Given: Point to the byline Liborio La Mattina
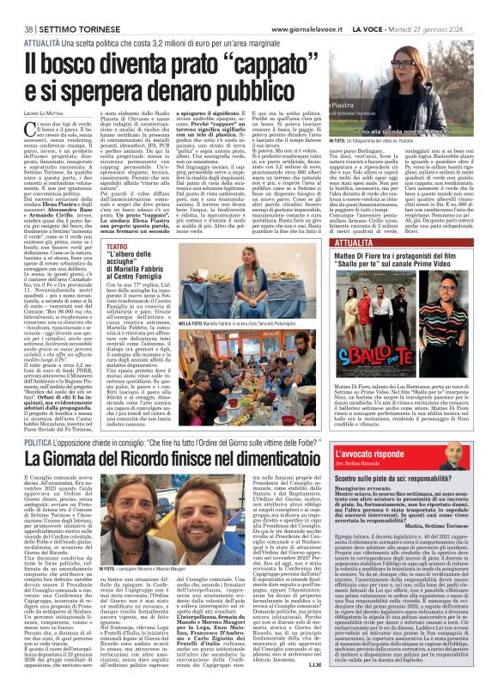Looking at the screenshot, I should pos(39,115).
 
